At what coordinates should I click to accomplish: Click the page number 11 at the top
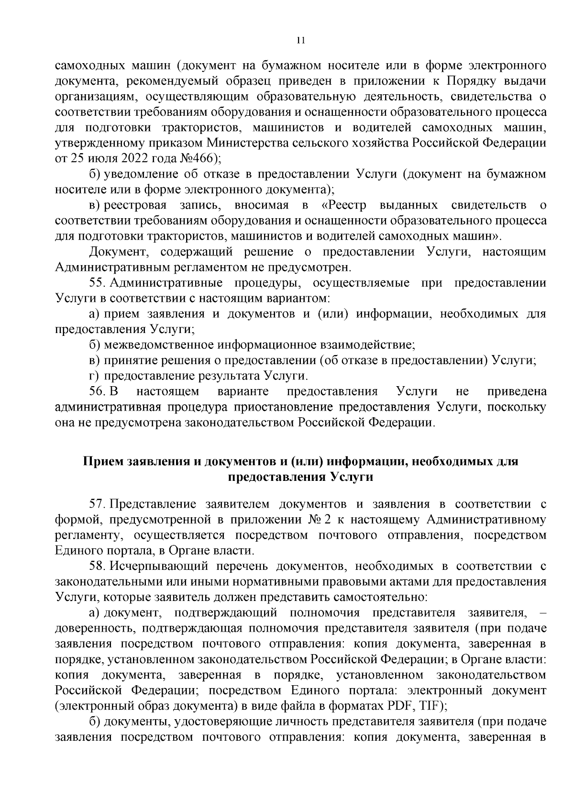pyautogui.click(x=300, y=41)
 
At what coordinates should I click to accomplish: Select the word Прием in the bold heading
pyautogui.click(x=103, y=462)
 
